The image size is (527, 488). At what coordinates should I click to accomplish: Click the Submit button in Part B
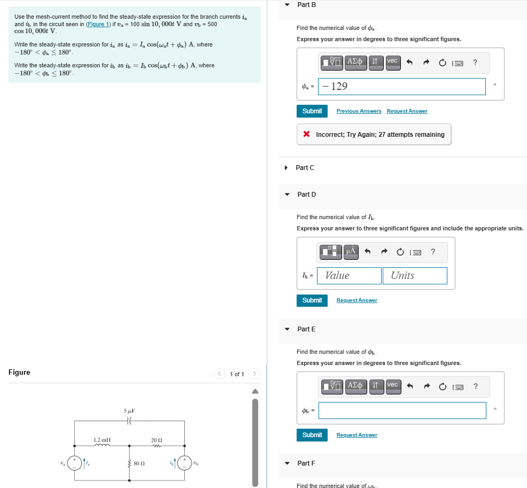pyautogui.click(x=312, y=111)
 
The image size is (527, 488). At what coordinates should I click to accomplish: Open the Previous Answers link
pyautogui.click(x=359, y=111)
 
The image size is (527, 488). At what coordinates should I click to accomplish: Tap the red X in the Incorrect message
pyautogui.click(x=306, y=135)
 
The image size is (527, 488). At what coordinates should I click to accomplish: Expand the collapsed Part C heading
pyautogui.click(x=305, y=168)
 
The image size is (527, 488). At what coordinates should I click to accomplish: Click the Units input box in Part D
pyautogui.click(x=414, y=276)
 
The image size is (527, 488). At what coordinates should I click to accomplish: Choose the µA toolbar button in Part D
pyautogui.click(x=351, y=251)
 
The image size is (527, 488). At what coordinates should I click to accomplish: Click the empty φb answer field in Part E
pyautogui.click(x=402, y=410)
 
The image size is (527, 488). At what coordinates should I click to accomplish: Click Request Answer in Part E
pyautogui.click(x=356, y=435)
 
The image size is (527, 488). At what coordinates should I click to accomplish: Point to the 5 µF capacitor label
pyautogui.click(x=129, y=411)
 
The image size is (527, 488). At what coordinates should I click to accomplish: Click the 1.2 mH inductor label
pyautogui.click(x=102, y=440)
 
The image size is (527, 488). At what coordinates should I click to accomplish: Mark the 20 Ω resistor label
pyautogui.click(x=157, y=440)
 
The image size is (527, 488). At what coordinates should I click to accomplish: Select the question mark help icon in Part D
pyautogui.click(x=432, y=251)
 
